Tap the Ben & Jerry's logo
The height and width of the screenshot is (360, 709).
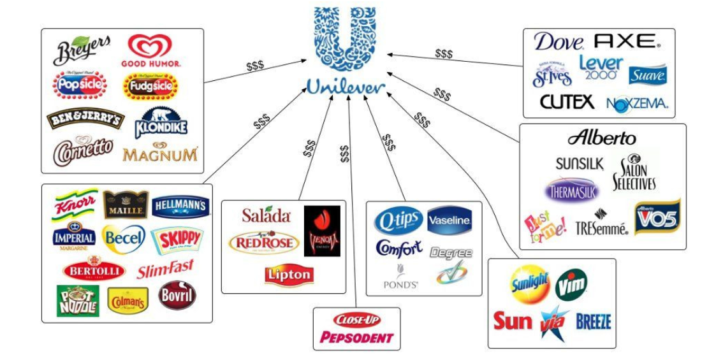(x=85, y=119)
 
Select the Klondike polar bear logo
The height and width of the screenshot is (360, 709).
(x=161, y=122)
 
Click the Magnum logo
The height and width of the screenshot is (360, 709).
(x=160, y=154)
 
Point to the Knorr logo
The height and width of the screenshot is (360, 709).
(x=75, y=205)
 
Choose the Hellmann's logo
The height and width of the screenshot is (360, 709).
(x=180, y=206)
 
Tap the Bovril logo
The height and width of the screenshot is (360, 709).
(x=177, y=296)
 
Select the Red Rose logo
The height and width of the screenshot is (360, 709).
(x=264, y=243)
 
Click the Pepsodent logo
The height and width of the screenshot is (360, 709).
(x=356, y=337)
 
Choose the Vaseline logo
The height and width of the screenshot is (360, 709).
(x=450, y=220)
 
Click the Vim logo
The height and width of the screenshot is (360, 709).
(x=571, y=284)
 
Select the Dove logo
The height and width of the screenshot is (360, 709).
(x=559, y=42)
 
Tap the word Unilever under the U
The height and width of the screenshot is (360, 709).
(x=346, y=86)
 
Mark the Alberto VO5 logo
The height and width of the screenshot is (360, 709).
(x=657, y=217)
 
